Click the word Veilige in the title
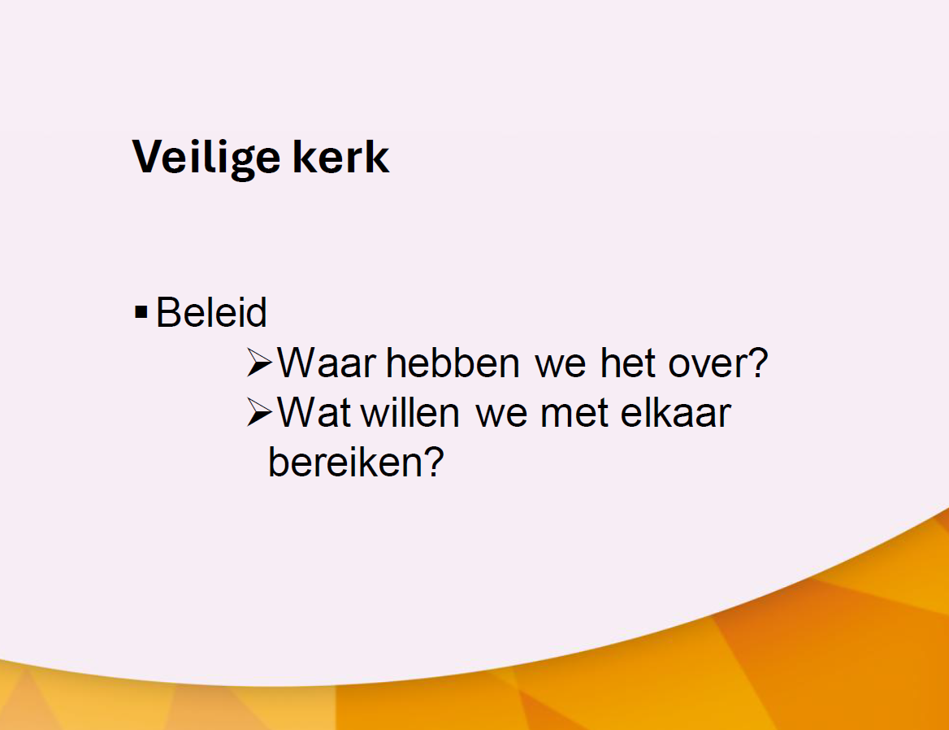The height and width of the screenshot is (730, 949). (x=206, y=158)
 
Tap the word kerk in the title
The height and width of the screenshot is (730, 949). (x=341, y=156)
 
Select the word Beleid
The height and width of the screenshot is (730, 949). (x=211, y=312)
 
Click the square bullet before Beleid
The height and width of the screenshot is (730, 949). (x=141, y=312)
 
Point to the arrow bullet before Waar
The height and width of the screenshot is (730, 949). (x=260, y=363)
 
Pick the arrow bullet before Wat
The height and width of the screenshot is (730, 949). (x=260, y=413)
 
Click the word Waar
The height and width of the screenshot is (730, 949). (x=327, y=363)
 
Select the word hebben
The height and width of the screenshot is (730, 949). (x=453, y=363)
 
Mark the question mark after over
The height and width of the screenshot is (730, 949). (x=758, y=363)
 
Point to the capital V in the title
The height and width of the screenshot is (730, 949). (x=147, y=156)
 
